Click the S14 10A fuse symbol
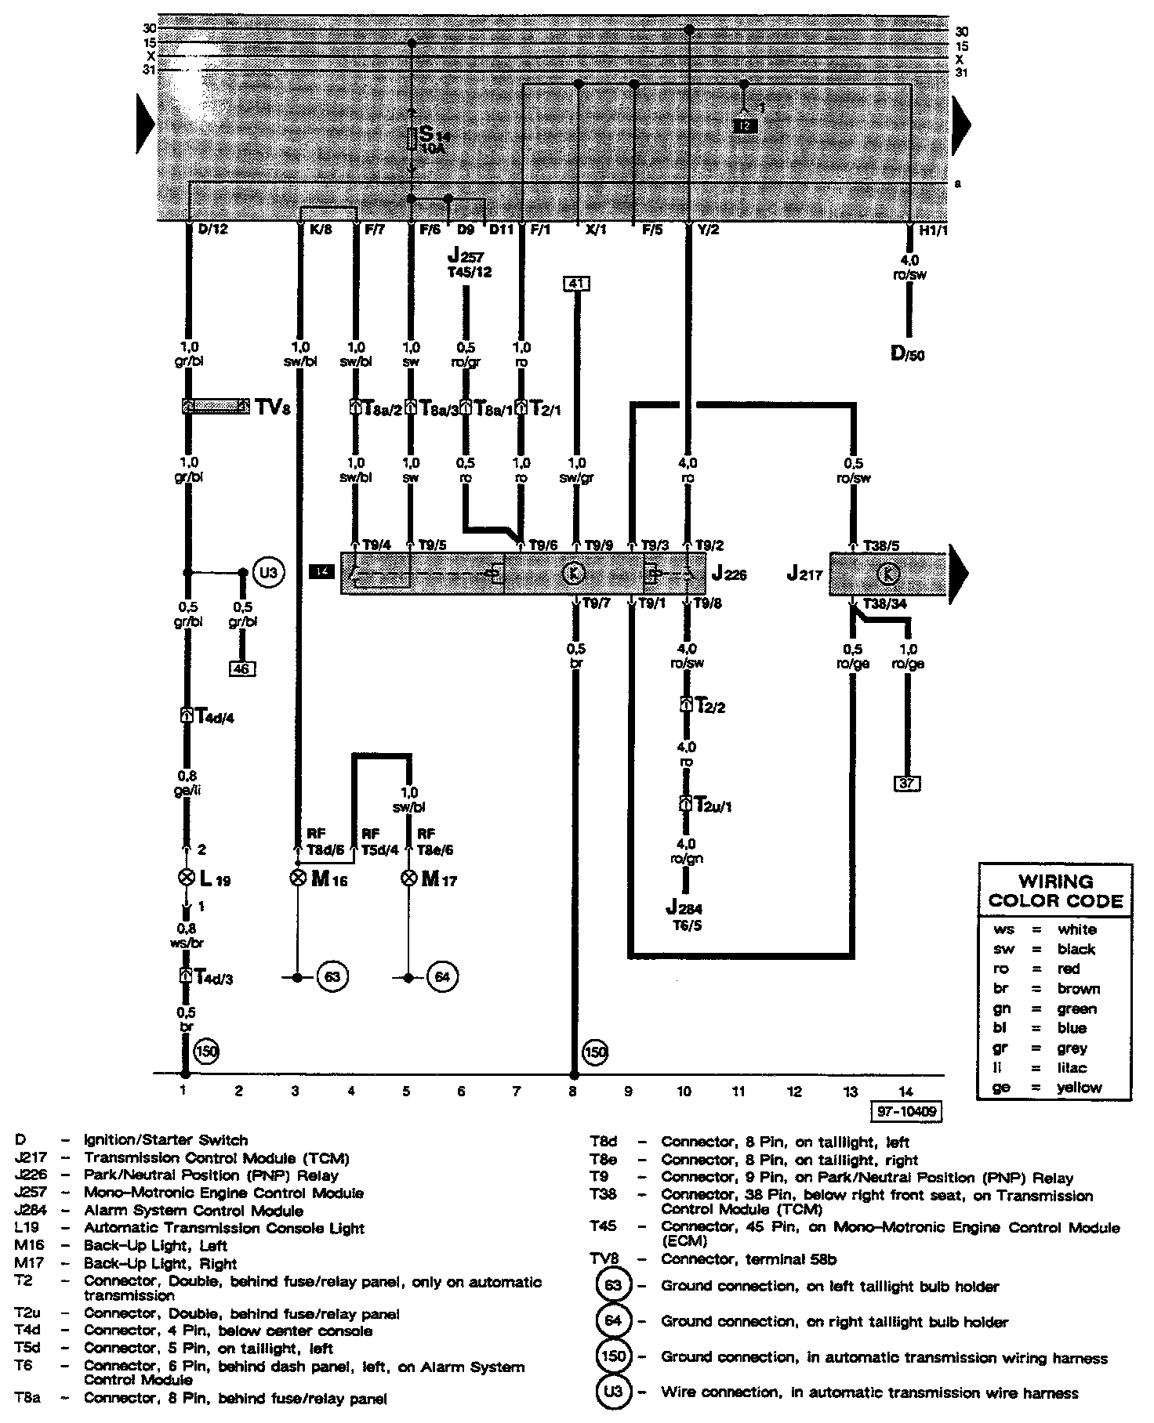pyautogui.click(x=412, y=139)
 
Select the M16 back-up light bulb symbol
pyautogui.click(x=297, y=878)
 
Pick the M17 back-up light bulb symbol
pyautogui.click(x=408, y=878)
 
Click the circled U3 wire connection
pyautogui.click(x=268, y=573)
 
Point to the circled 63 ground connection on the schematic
pyautogui.click(x=332, y=977)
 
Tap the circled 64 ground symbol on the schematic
pyautogui.click(x=443, y=977)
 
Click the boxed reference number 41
pyautogui.click(x=576, y=284)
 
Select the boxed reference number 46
pyautogui.click(x=242, y=668)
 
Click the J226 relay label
pyautogui.click(x=728, y=574)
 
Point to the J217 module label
pyautogui.click(x=804, y=574)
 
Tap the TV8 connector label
pyautogui.click(x=272, y=407)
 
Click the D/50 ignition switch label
pyautogui.click(x=907, y=353)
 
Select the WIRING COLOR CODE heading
pyautogui.click(x=1055, y=891)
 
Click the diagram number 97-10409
pyautogui.click(x=905, y=1111)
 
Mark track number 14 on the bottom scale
pyautogui.click(x=905, y=1090)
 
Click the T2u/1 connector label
pyautogui.click(x=707, y=805)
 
